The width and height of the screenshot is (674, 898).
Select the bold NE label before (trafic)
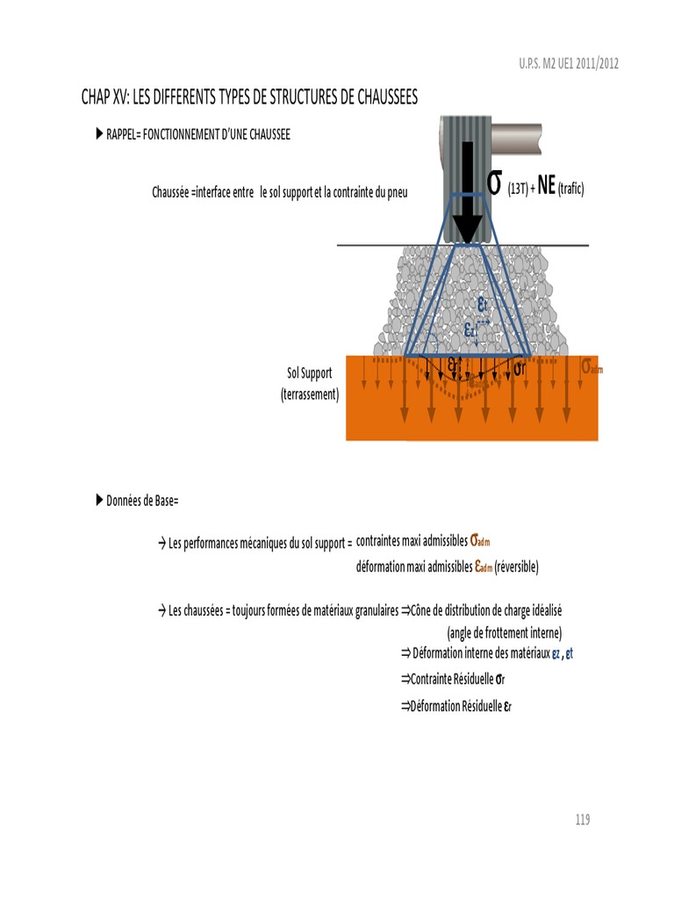[x=546, y=188]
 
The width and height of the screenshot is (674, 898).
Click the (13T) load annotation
[x=517, y=189]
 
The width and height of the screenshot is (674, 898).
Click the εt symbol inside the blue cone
[x=484, y=305]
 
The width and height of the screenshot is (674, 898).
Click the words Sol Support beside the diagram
[x=310, y=374]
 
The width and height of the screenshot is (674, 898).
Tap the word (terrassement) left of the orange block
[x=310, y=395]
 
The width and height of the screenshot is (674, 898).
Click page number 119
[x=583, y=820]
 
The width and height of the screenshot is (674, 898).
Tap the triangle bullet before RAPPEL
[x=98, y=134]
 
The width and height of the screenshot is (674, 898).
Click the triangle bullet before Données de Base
[x=98, y=500]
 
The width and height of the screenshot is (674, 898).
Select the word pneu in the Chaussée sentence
[x=397, y=191]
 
